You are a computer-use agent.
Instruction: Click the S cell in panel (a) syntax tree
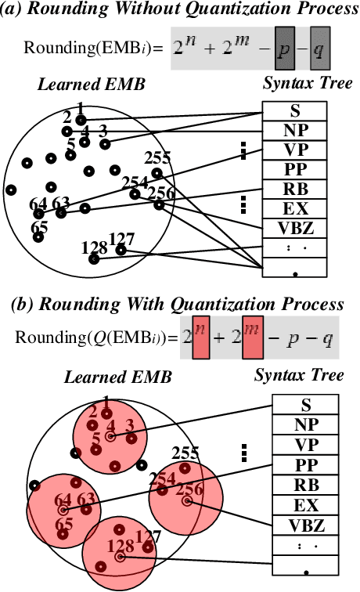(x=294, y=110)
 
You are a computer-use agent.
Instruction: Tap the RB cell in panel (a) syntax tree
(x=294, y=188)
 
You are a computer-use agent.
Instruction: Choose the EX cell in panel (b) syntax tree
(x=307, y=504)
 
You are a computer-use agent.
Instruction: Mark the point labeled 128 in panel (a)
(x=95, y=260)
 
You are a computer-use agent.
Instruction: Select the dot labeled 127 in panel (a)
(x=121, y=251)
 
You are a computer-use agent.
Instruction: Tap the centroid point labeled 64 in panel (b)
(x=63, y=510)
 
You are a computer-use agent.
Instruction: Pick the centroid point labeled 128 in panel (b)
(x=120, y=557)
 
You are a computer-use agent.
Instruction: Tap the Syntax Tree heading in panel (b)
(x=299, y=375)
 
